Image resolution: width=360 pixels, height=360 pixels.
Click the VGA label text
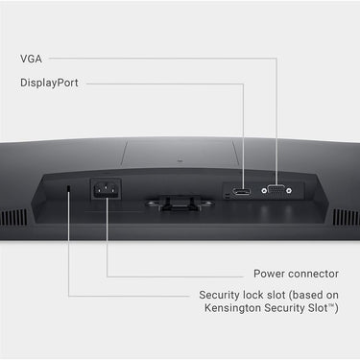click(x=31, y=59)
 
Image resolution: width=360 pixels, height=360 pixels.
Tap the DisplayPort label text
click(x=49, y=83)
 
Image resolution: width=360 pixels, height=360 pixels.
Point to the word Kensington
click(x=232, y=308)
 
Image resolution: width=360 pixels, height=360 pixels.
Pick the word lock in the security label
click(x=251, y=295)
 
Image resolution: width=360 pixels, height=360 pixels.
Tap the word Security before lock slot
click(x=220, y=295)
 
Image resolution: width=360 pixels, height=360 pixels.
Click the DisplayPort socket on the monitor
click(x=242, y=192)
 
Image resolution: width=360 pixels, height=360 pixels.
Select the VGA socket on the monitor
click(x=276, y=190)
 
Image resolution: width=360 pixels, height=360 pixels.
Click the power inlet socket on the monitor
click(x=106, y=189)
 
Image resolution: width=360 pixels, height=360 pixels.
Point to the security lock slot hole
click(x=68, y=189)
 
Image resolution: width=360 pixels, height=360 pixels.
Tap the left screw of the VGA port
click(x=264, y=191)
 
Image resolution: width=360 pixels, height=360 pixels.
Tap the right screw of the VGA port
click(x=289, y=191)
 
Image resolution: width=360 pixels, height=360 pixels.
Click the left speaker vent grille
click(x=13, y=217)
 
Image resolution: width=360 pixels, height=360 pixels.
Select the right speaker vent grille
click(x=347, y=217)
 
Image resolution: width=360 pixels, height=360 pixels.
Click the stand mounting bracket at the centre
click(x=180, y=204)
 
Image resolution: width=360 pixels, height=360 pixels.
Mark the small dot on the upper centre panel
click(x=180, y=160)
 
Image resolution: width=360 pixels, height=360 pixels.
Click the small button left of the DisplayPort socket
click(x=228, y=196)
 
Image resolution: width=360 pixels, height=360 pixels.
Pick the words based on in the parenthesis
click(x=315, y=295)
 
